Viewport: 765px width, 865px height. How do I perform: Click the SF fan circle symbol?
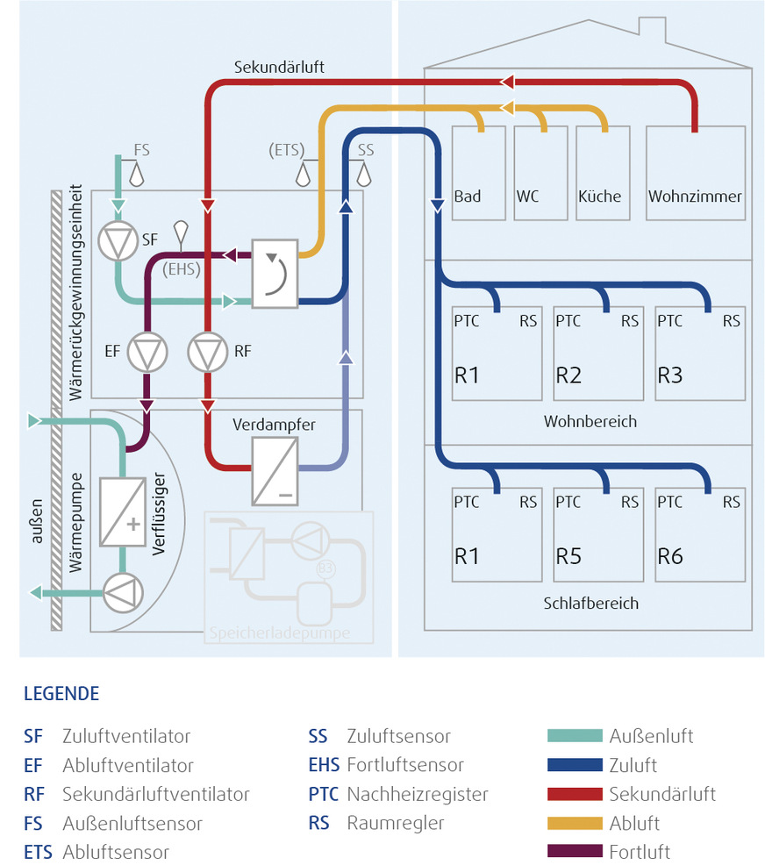pos(116,241)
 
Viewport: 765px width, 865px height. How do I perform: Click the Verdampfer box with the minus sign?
pos(275,470)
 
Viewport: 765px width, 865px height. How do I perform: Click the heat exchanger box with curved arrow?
pos(275,273)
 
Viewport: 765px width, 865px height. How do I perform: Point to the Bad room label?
pos(468,197)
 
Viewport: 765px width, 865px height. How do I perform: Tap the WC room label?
pos(528,197)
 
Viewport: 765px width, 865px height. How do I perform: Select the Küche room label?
pos(599,197)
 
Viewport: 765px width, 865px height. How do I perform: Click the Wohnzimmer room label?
pos(695,197)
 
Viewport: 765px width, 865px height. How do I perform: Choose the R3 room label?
pos(670,376)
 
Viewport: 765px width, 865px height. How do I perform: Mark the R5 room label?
pos(568,556)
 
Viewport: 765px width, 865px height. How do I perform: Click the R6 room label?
pos(670,556)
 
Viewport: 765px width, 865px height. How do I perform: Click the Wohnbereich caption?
pos(590,422)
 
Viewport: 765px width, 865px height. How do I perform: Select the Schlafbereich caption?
pos(590,604)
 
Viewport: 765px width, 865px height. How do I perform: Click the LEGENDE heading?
pos(61,694)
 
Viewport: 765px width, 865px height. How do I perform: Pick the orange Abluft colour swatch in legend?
pos(575,823)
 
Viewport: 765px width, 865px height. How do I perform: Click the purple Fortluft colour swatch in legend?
pos(575,852)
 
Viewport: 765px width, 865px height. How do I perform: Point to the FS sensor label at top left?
pos(141,151)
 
